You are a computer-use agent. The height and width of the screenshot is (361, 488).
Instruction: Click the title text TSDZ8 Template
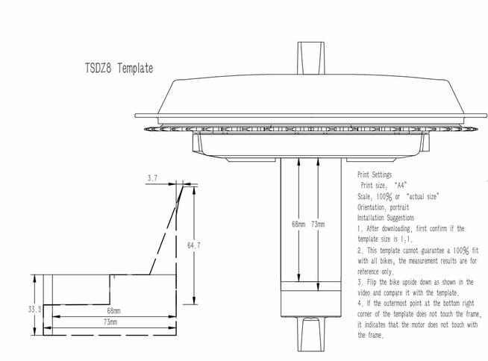(x=119, y=69)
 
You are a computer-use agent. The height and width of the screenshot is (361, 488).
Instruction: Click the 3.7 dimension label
(x=152, y=178)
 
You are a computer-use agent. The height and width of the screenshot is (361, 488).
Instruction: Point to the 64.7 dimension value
(x=193, y=245)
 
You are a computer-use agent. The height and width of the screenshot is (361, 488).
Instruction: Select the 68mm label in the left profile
(x=113, y=310)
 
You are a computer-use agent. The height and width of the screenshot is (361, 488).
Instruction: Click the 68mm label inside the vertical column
(x=298, y=224)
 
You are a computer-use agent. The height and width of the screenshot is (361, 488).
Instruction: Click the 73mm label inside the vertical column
(x=317, y=224)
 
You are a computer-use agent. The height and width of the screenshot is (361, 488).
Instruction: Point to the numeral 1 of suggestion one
(x=359, y=228)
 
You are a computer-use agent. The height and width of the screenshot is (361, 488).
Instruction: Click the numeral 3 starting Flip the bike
(x=360, y=282)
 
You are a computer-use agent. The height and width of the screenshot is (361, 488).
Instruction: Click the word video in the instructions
(x=366, y=293)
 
